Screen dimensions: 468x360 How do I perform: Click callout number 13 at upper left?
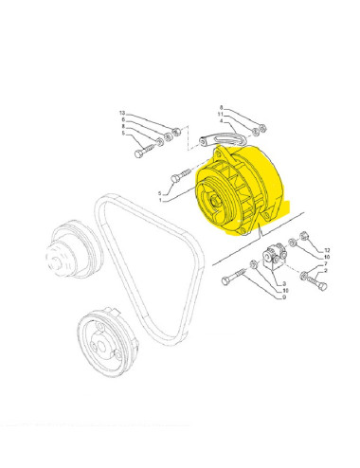click(121, 114)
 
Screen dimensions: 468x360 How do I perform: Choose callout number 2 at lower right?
click(327, 271)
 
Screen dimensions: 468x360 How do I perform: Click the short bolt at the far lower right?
click(311, 279)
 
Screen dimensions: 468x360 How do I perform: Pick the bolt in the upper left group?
click(147, 150)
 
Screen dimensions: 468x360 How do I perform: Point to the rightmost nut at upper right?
click(264, 131)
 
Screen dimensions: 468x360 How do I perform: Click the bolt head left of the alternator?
click(178, 177)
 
